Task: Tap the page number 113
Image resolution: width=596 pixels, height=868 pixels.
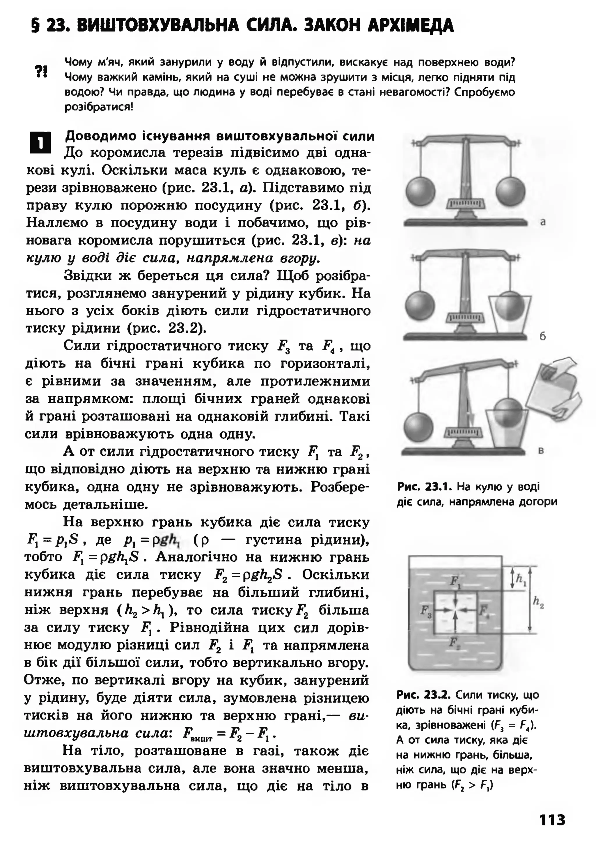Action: tap(552, 830)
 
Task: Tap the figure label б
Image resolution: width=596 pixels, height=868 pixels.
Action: tap(543, 336)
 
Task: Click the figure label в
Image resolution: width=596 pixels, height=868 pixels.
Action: tap(541, 451)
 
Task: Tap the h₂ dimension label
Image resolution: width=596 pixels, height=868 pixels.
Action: tap(538, 602)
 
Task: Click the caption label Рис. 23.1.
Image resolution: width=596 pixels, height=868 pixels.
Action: tap(425, 487)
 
